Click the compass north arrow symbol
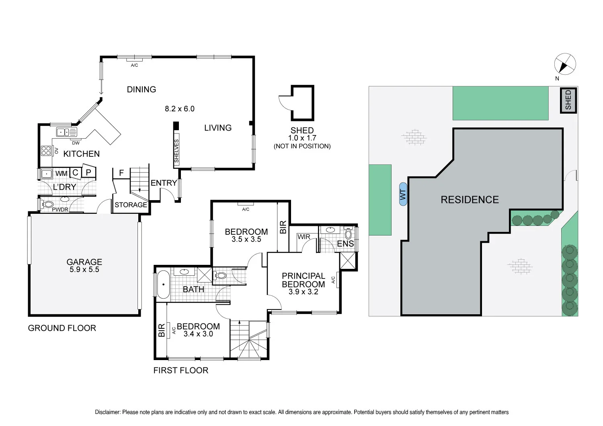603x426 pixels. (x=565, y=64)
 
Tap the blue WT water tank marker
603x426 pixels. (x=403, y=194)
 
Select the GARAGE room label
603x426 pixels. (x=84, y=262)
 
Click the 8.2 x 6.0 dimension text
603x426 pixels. (x=180, y=109)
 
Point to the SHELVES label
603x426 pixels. (x=176, y=151)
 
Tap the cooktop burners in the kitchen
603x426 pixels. (x=46, y=151)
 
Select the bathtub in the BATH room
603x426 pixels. (x=163, y=285)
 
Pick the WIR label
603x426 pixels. (x=304, y=237)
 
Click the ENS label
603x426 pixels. (x=345, y=244)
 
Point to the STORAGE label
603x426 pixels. (x=131, y=205)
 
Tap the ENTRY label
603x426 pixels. (x=164, y=183)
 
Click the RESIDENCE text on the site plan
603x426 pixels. (x=470, y=200)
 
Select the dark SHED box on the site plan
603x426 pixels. (x=568, y=100)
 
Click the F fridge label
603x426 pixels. (x=121, y=173)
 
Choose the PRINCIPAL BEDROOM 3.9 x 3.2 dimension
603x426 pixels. (x=304, y=292)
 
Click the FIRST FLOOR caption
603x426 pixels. (x=181, y=371)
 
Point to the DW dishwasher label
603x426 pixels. (x=76, y=143)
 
